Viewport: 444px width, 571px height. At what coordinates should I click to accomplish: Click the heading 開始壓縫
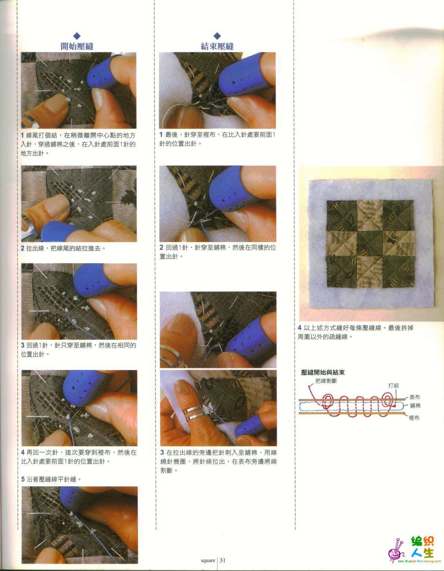coord(77,46)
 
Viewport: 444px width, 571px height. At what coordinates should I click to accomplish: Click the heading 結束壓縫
coord(217,46)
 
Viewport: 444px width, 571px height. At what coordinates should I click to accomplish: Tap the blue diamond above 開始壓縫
coord(77,36)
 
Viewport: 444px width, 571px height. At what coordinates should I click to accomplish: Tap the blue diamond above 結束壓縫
coord(217,36)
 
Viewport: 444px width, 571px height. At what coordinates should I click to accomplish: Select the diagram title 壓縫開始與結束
coord(323,372)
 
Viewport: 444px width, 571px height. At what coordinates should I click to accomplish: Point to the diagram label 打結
coord(393,386)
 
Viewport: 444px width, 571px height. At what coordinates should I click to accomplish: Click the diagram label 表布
coord(415,397)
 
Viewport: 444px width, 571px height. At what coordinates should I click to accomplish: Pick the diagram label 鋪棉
coord(415,406)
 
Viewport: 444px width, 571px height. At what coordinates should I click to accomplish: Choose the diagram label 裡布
coord(414,417)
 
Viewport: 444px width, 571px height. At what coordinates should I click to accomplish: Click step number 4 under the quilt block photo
coord(299,328)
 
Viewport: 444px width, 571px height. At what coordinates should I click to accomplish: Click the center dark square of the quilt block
coord(370,243)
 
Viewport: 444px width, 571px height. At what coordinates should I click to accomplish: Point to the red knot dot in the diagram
coord(394,406)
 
